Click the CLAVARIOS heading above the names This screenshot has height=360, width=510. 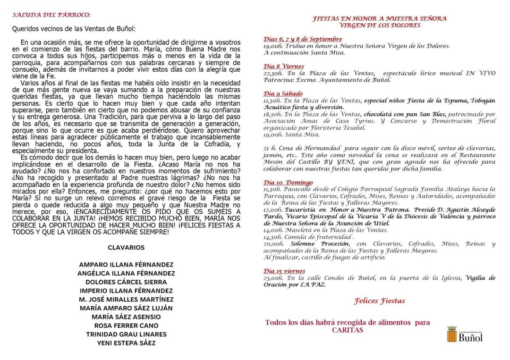[x=126, y=247]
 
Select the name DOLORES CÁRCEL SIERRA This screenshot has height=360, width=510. [x=126, y=282]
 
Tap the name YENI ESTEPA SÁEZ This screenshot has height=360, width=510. [x=126, y=343]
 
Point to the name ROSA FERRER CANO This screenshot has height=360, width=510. [x=126, y=326]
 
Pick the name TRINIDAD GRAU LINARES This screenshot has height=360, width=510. [x=126, y=334]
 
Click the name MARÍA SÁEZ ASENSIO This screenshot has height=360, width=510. [x=126, y=317]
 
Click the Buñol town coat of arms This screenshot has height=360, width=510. [x=452, y=334]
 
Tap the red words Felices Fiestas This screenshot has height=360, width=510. [x=380, y=301]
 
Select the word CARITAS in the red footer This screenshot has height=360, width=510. [x=348, y=330]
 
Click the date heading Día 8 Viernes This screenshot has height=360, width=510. [x=284, y=67]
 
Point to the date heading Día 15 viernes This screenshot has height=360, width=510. [x=285, y=271]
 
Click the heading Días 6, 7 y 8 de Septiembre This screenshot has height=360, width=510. [x=303, y=39]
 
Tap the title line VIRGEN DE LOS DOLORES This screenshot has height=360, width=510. [x=380, y=25]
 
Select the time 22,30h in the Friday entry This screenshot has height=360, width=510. [x=273, y=73]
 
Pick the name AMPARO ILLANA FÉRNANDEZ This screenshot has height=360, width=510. [x=126, y=265]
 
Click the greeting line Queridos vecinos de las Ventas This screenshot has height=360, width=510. [x=74, y=28]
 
